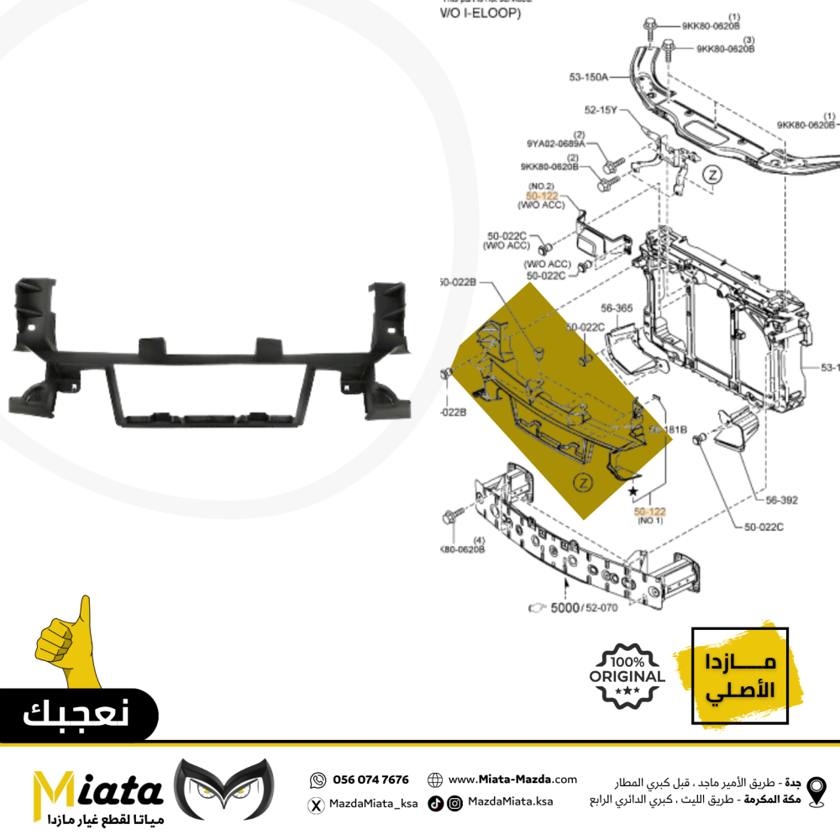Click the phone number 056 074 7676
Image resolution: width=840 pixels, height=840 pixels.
click(370, 780)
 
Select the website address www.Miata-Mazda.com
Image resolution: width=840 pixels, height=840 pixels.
click(512, 780)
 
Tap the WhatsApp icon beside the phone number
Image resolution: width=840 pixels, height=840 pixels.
click(318, 780)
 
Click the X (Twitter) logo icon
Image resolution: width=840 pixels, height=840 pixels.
click(317, 805)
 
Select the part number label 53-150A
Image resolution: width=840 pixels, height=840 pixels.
click(588, 77)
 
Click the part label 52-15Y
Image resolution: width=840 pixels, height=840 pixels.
click(601, 109)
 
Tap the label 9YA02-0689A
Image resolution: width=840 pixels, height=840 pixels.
click(556, 144)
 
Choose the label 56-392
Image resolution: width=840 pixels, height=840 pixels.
click(781, 497)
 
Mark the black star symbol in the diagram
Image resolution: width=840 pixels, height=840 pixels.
click(633, 490)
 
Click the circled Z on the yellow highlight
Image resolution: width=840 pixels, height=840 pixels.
click(581, 481)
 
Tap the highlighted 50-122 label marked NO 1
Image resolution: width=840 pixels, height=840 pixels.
click(649, 510)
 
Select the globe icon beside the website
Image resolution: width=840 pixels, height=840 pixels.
click(435, 780)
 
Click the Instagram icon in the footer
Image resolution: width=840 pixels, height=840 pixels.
click(454, 804)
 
